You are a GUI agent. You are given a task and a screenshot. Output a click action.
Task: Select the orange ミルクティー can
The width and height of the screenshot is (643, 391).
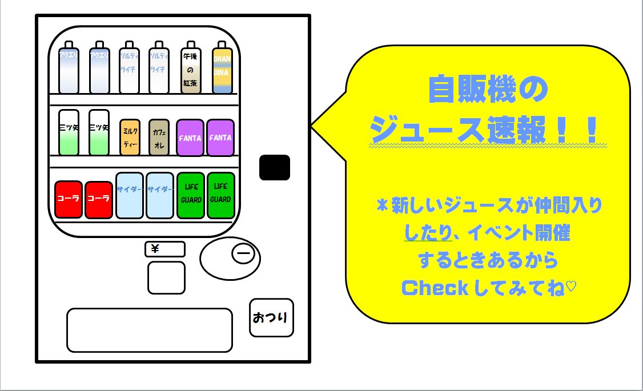pos(130,138)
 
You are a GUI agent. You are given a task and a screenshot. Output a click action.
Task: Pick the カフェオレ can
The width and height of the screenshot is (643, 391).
pos(159,138)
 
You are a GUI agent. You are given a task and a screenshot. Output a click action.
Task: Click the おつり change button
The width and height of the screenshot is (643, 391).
pos(271,317)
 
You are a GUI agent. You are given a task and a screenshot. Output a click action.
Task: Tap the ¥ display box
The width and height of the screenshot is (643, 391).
pos(165,249)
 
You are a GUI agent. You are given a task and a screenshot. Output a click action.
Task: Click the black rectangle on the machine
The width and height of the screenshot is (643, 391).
pos(275,167)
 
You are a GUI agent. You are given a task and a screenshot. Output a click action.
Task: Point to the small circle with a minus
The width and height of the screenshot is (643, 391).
pos(243,253)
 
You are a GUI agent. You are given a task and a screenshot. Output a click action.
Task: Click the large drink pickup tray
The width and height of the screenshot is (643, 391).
pos(150,330)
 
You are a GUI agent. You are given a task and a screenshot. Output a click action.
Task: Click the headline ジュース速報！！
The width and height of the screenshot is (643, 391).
pos(488,131)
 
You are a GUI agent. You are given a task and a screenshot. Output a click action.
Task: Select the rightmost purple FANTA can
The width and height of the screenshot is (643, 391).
pos(220,138)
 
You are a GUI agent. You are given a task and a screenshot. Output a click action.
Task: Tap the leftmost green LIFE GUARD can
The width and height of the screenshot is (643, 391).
pos(191,196)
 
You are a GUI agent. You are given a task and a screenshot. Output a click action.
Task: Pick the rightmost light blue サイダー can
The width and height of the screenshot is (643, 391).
pos(160,196)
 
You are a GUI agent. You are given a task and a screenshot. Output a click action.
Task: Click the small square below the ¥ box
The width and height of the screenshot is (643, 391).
pos(166,277)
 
